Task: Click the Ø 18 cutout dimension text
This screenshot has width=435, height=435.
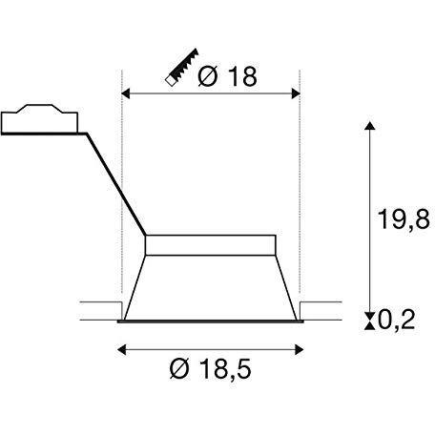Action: click(227, 76)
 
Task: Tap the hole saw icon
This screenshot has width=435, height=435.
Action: click(181, 68)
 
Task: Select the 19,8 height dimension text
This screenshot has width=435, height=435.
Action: click(404, 218)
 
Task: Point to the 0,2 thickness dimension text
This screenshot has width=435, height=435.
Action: click(396, 320)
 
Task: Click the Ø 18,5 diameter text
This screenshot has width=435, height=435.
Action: click(210, 369)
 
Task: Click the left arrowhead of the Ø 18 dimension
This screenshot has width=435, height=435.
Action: click(126, 93)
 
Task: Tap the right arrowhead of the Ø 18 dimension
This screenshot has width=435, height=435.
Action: click(296, 93)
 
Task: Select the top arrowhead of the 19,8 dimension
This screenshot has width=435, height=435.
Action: click(369, 125)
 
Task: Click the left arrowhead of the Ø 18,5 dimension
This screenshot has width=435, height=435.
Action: click(122, 350)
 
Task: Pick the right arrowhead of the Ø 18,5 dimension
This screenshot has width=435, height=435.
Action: click(300, 350)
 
